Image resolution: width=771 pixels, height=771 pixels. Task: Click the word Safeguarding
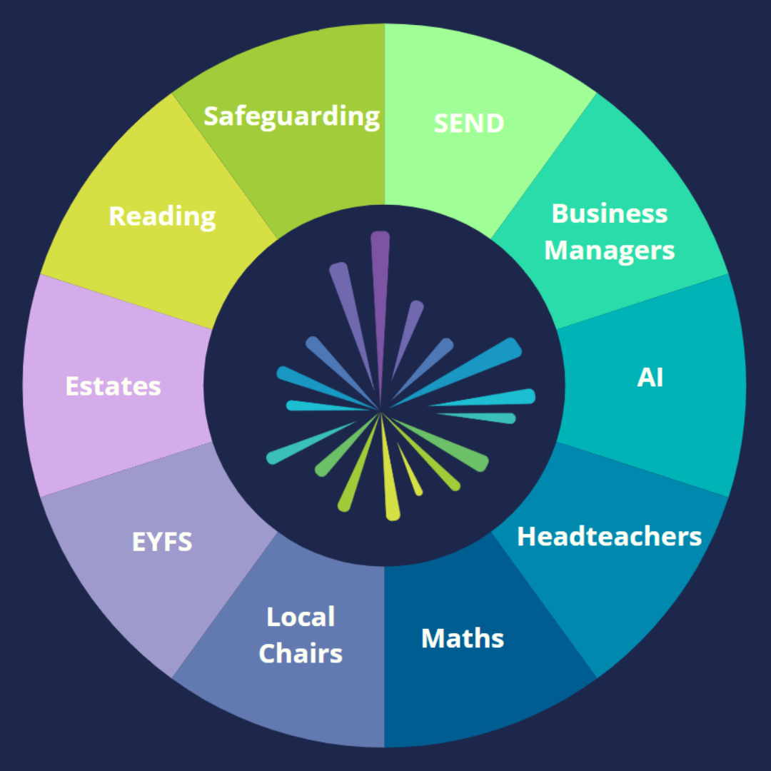(x=291, y=117)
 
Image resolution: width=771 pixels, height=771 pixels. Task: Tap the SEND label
(x=468, y=123)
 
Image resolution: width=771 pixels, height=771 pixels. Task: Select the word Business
(x=609, y=213)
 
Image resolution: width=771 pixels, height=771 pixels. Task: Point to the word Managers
(x=609, y=251)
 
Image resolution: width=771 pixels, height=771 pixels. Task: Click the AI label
(x=650, y=378)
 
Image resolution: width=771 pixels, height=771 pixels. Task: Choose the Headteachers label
(x=609, y=536)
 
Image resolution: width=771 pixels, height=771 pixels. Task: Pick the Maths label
(x=463, y=638)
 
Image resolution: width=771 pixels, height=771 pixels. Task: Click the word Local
(x=301, y=617)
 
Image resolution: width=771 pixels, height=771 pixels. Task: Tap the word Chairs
(x=301, y=653)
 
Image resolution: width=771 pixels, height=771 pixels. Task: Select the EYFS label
(x=162, y=542)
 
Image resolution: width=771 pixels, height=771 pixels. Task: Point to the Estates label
(x=113, y=386)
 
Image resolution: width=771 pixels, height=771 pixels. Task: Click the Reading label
(x=162, y=217)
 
